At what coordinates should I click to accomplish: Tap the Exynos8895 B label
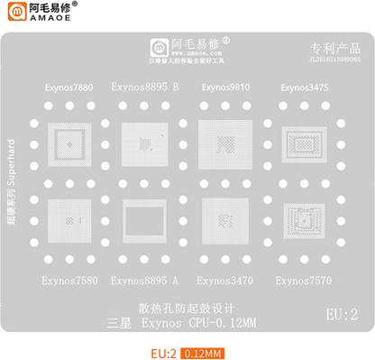[144, 88]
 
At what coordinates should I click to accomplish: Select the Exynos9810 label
[226, 88]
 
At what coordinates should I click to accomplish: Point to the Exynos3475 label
[305, 88]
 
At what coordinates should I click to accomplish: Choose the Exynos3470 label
[226, 280]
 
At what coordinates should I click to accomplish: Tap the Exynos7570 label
[305, 280]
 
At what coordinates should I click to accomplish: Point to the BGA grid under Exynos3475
[306, 142]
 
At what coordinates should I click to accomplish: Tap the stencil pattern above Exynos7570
[306, 222]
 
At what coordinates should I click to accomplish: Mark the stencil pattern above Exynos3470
[226, 220]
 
